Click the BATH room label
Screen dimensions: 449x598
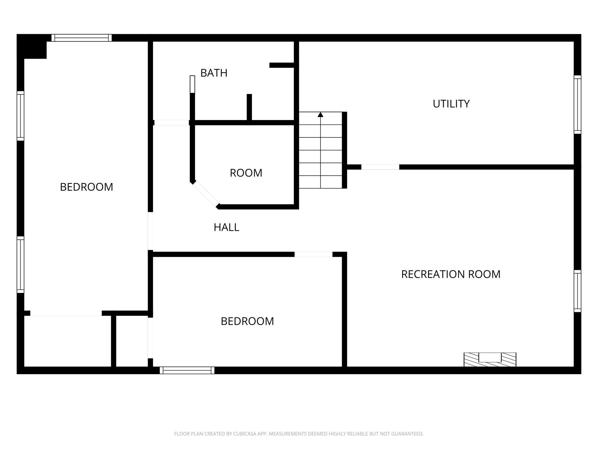[214, 73]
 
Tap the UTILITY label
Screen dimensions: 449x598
[451, 104]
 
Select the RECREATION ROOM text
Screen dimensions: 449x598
[451, 274]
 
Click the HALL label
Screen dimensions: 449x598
[226, 227]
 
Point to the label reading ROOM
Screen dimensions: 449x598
[246, 173]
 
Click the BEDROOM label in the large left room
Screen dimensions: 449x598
[86, 187]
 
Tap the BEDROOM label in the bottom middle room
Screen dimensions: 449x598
[247, 321]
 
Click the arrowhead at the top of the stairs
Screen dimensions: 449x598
[321, 115]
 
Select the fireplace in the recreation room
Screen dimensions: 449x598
[490, 359]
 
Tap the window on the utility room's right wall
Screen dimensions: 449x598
[577, 104]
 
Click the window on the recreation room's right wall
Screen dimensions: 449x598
[577, 291]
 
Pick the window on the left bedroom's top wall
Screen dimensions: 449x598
[82, 38]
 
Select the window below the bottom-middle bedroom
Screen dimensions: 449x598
[187, 370]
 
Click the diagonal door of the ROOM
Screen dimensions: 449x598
[206, 195]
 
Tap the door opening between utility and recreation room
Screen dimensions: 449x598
[380, 167]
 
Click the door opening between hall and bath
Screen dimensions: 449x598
[171, 122]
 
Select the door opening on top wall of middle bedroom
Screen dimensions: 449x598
[313, 254]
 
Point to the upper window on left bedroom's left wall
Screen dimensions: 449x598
[20, 116]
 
